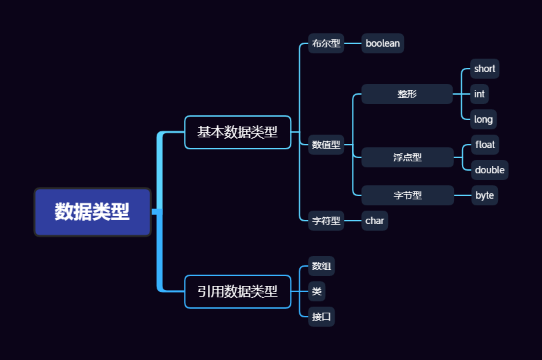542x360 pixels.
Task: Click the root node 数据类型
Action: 93,212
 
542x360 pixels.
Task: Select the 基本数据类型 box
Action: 237,132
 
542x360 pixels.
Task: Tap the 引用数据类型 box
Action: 237,291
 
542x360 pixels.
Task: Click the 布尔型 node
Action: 326,44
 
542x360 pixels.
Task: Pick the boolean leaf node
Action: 383,43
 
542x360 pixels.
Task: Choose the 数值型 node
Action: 326,144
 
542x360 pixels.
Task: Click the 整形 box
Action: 407,94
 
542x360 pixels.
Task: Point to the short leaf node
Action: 485,69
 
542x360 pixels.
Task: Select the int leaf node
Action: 479,94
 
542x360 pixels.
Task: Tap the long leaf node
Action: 483,119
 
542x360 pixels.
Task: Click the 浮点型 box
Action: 407,157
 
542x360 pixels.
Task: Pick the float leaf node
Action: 485,145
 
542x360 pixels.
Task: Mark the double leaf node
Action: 489,170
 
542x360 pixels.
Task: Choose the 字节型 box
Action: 407,195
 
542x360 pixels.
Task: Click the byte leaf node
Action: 485,195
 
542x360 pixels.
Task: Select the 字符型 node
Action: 326,221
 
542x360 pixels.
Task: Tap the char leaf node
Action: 375,221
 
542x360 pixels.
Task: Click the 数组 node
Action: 321,267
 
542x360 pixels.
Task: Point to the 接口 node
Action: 321,317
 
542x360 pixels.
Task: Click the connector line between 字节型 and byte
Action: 463,195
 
